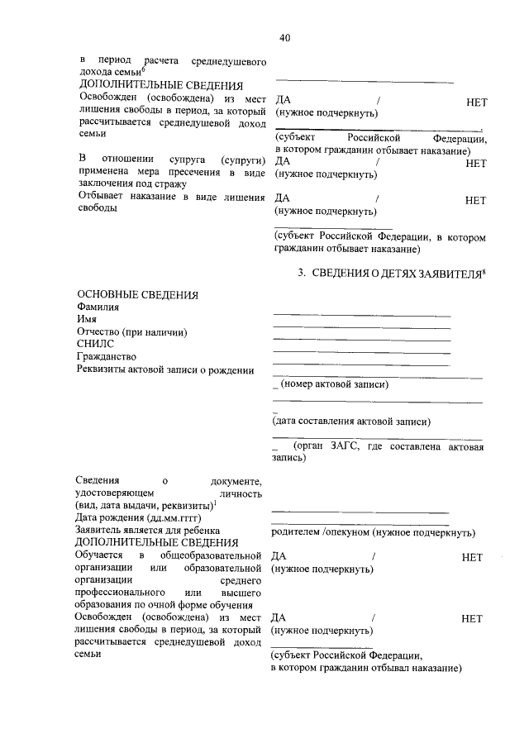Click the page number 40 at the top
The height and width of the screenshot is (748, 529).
(284, 38)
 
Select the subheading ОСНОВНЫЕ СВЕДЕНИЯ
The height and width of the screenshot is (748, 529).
(137, 295)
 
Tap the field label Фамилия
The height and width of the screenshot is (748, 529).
(98, 307)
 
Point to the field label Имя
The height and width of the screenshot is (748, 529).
(88, 320)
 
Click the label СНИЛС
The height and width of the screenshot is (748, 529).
(95, 344)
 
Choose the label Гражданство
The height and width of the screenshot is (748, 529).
(107, 356)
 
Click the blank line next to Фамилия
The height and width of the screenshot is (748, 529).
(361, 315)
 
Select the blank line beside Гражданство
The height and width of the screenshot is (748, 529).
(361, 364)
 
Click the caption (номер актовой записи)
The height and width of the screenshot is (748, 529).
(334, 384)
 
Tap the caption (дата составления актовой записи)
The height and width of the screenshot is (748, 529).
(351, 422)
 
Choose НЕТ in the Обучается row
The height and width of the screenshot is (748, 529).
(472, 558)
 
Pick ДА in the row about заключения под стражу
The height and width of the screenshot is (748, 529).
(282, 163)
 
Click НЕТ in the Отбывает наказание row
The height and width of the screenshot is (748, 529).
(475, 199)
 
